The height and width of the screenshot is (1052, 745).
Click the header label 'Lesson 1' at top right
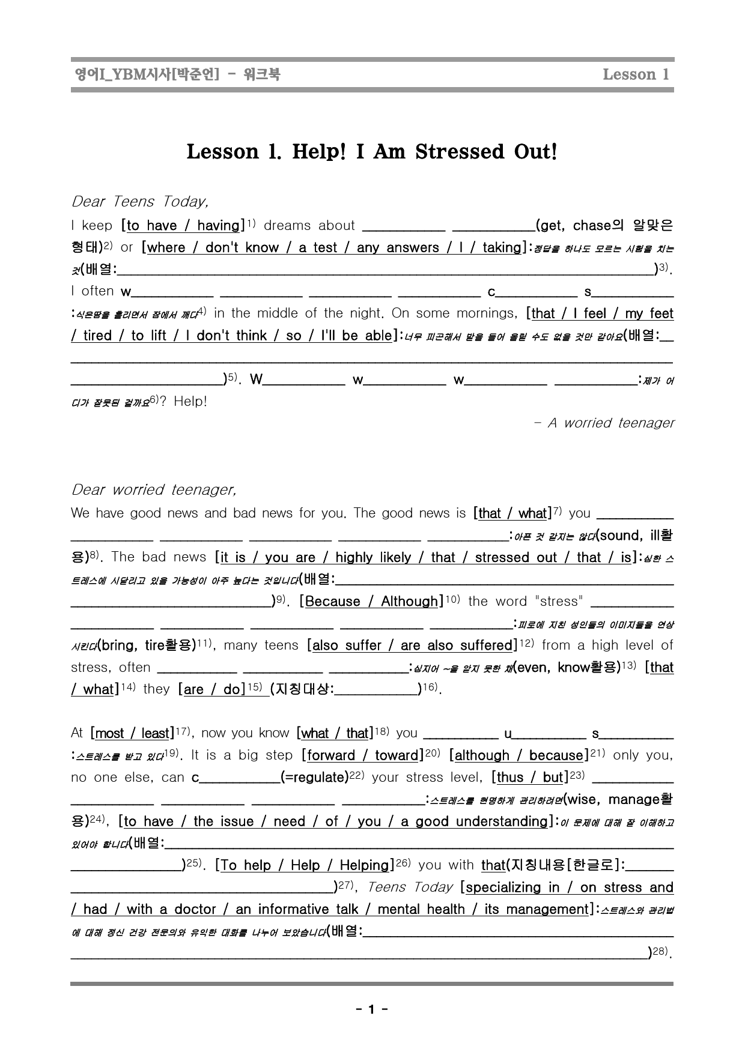point(635,74)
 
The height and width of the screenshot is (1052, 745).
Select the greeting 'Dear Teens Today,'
point(140,201)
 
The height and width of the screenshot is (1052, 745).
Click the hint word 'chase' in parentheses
point(591,226)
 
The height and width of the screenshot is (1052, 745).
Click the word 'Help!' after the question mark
point(190,401)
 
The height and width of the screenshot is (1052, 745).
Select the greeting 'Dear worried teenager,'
point(153,490)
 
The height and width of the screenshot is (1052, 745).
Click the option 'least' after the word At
point(155,733)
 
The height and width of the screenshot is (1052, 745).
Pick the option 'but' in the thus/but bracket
point(553,778)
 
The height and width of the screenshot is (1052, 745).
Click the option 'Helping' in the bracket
point(364,865)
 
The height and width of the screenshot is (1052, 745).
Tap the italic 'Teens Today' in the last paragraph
point(409,887)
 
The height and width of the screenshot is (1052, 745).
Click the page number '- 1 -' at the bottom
point(372,1009)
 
